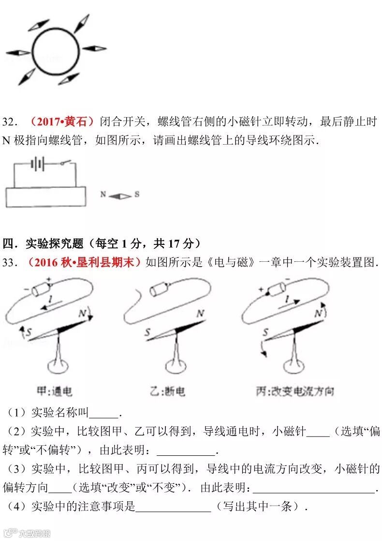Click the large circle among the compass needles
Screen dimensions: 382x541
33,52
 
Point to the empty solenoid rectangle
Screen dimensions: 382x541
46,196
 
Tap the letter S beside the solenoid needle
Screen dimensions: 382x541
137,194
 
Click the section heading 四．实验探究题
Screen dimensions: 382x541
43,243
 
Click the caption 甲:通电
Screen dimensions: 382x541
55,391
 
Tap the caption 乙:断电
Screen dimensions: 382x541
168,391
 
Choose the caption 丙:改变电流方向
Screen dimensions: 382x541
295,391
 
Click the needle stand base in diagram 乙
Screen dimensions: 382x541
176,366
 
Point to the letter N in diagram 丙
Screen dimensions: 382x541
318,313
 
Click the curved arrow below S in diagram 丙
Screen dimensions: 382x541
263,349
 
